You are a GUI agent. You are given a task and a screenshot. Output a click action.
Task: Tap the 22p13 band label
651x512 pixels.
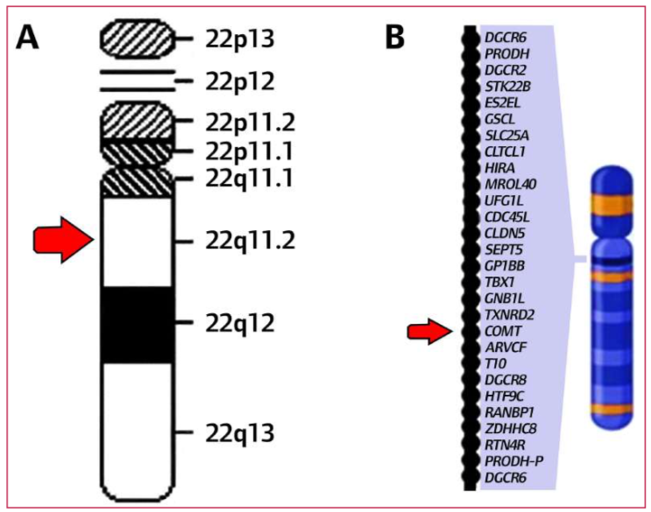[x=240, y=38]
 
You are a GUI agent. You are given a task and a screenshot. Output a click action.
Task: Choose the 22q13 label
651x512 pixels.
[x=240, y=432]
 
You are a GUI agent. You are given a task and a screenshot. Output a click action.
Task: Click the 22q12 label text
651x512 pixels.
[x=240, y=323]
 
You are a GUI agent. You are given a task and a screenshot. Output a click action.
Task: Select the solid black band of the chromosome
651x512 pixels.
[x=137, y=324]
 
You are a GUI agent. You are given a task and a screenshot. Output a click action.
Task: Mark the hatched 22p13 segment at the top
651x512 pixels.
[x=137, y=38]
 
